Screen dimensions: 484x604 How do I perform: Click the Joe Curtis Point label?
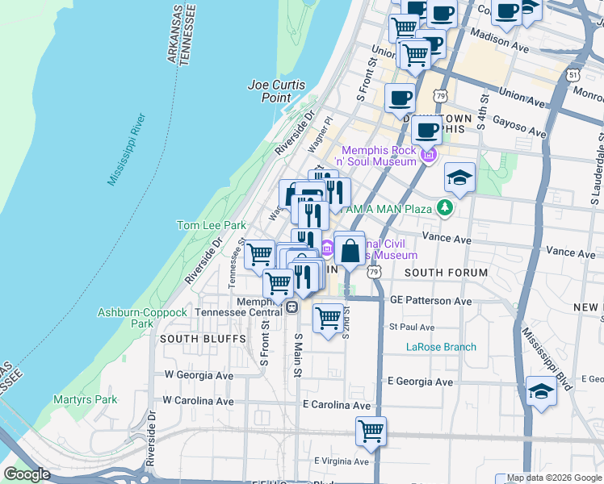(x=269, y=91)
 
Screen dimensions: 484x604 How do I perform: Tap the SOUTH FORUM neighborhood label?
(x=446, y=273)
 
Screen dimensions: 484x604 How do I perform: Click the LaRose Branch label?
(x=441, y=347)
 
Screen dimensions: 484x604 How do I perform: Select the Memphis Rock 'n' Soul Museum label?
(x=379, y=156)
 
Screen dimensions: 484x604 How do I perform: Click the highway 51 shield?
(x=573, y=74)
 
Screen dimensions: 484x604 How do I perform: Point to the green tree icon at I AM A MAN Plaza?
(x=443, y=208)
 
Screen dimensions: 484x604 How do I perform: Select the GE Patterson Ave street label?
(x=430, y=301)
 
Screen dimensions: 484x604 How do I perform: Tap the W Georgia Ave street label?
(x=199, y=375)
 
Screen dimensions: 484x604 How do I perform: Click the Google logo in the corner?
(x=27, y=474)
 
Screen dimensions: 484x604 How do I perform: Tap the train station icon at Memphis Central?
(x=291, y=307)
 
